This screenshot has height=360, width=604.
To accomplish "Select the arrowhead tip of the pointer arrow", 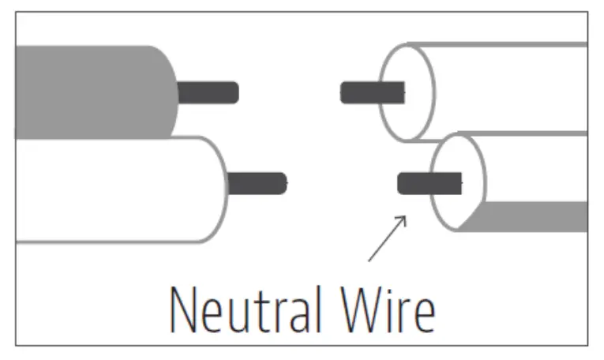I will tap(406, 216).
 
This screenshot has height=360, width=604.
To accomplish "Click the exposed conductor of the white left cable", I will tap(257, 183).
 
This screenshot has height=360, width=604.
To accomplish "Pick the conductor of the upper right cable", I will tap(371, 93).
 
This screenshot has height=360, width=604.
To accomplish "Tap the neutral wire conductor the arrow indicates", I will tap(426, 184).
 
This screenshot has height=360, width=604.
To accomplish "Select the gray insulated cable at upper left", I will tap(87, 91).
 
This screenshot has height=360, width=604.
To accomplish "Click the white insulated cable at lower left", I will tap(111, 189).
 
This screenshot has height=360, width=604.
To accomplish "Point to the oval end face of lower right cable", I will tap(458, 182).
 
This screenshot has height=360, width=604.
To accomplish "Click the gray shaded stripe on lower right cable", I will tap(537, 216).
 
